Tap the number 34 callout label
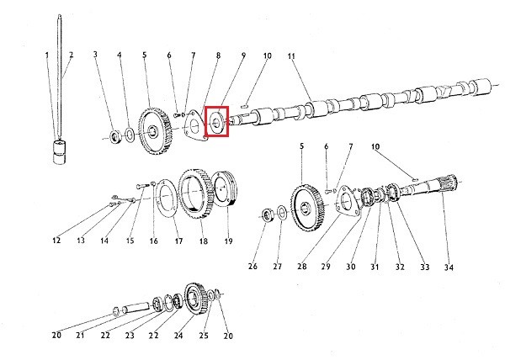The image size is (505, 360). pyautogui.click(x=449, y=267)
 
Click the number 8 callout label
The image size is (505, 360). pyautogui.click(x=218, y=56)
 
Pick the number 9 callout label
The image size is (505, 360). pyautogui.click(x=242, y=56)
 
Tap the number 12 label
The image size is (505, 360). pyautogui.click(x=56, y=241)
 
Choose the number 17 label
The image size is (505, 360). pyautogui.click(x=178, y=241)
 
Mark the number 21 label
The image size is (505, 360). pyautogui.click(x=82, y=336)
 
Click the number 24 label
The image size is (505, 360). pyautogui.click(x=178, y=336)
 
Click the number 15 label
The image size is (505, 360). pyautogui.click(x=130, y=241)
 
